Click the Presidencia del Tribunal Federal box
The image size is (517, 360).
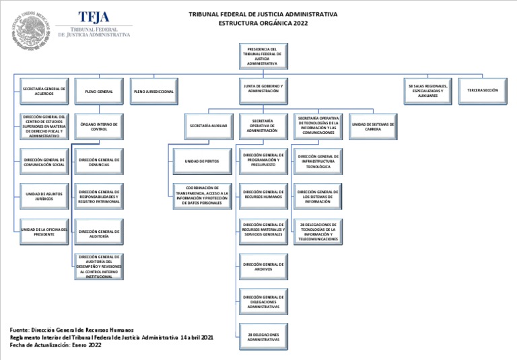[263, 57]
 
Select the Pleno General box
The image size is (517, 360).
[99, 92]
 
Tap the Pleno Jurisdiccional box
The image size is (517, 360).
[153, 92]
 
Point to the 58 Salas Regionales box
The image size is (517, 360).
[427, 91]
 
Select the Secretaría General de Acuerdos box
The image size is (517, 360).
[44, 91]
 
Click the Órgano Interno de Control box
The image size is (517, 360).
[99, 127]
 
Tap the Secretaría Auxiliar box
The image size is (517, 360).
[208, 126]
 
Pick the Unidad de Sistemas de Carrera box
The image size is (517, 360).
[373, 127]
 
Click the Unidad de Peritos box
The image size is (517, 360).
[202, 161]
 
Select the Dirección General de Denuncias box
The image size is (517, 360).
[99, 161]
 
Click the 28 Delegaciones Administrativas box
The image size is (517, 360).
[263, 336]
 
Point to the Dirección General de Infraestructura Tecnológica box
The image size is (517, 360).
[318, 161]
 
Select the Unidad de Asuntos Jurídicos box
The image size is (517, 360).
[44, 196]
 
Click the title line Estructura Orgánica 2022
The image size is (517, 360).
[263, 23]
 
